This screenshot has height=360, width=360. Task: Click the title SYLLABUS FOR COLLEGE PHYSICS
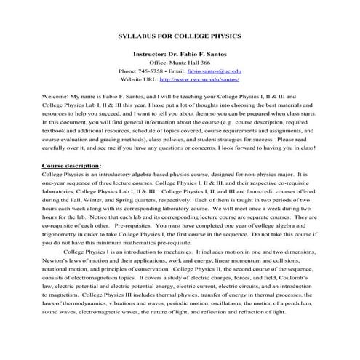179,35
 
